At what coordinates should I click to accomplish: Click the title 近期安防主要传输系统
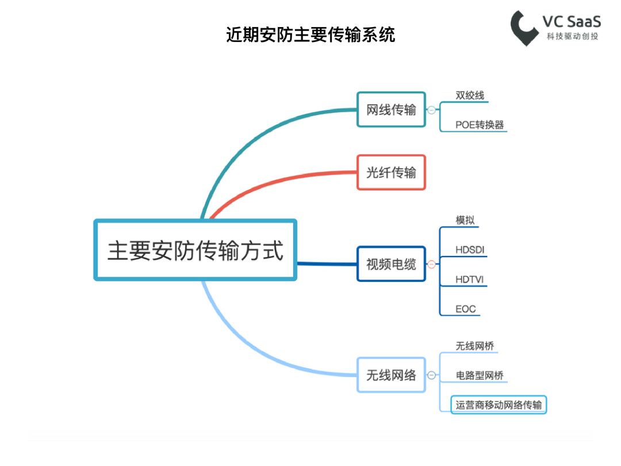pyautogui.click(x=310, y=35)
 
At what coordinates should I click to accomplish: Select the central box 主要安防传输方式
pyautogui.click(x=195, y=250)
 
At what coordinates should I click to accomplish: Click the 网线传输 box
pyautogui.click(x=392, y=109)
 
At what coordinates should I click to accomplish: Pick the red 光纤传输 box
pyautogui.click(x=392, y=173)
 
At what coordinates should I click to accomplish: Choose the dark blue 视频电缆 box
pyautogui.click(x=392, y=264)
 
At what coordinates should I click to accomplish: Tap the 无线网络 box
pyautogui.click(x=392, y=375)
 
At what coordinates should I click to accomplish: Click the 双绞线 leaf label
pyautogui.click(x=470, y=96)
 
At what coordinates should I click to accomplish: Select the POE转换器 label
pyautogui.click(x=480, y=125)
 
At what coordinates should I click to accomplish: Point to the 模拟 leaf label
pyautogui.click(x=465, y=220)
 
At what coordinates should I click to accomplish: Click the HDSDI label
pyautogui.click(x=470, y=250)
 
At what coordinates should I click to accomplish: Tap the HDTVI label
pyautogui.click(x=470, y=280)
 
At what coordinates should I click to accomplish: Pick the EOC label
pyautogui.click(x=466, y=309)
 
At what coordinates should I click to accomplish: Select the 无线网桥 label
pyautogui.click(x=475, y=346)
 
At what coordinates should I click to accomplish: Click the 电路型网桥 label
pyautogui.click(x=480, y=375)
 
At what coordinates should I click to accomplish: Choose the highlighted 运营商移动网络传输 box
pyautogui.click(x=499, y=404)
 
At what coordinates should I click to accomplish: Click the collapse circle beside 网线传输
pyautogui.click(x=432, y=110)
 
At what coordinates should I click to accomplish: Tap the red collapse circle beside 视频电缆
pyautogui.click(x=432, y=264)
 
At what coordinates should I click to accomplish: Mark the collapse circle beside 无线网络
pyautogui.click(x=432, y=375)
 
